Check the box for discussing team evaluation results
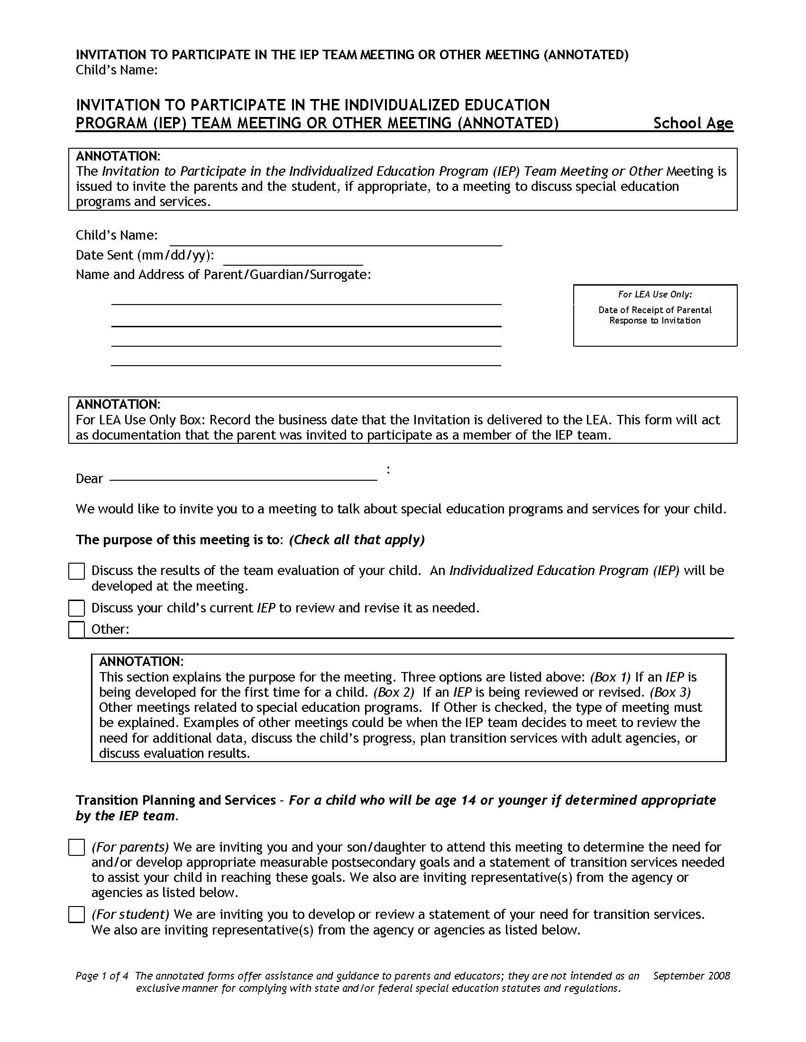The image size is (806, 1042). click(x=76, y=571)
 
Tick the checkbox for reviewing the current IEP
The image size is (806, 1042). click(x=76, y=608)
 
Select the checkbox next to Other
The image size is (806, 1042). click(x=76, y=630)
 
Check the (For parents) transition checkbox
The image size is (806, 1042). click(x=76, y=847)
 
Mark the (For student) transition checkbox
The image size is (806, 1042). click(x=76, y=915)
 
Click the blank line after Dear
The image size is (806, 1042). click(x=243, y=478)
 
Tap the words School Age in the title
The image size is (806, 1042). click(x=693, y=123)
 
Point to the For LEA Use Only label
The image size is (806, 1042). click(x=655, y=295)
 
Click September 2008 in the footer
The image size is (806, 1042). click(x=691, y=976)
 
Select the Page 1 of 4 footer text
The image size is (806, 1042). click(x=102, y=976)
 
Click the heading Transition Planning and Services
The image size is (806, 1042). click(x=175, y=800)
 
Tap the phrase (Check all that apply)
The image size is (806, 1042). click(x=357, y=539)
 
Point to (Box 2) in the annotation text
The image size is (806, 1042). click(x=394, y=692)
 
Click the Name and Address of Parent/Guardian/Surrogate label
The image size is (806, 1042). click(x=223, y=275)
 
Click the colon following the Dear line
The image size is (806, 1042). click(x=388, y=470)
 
